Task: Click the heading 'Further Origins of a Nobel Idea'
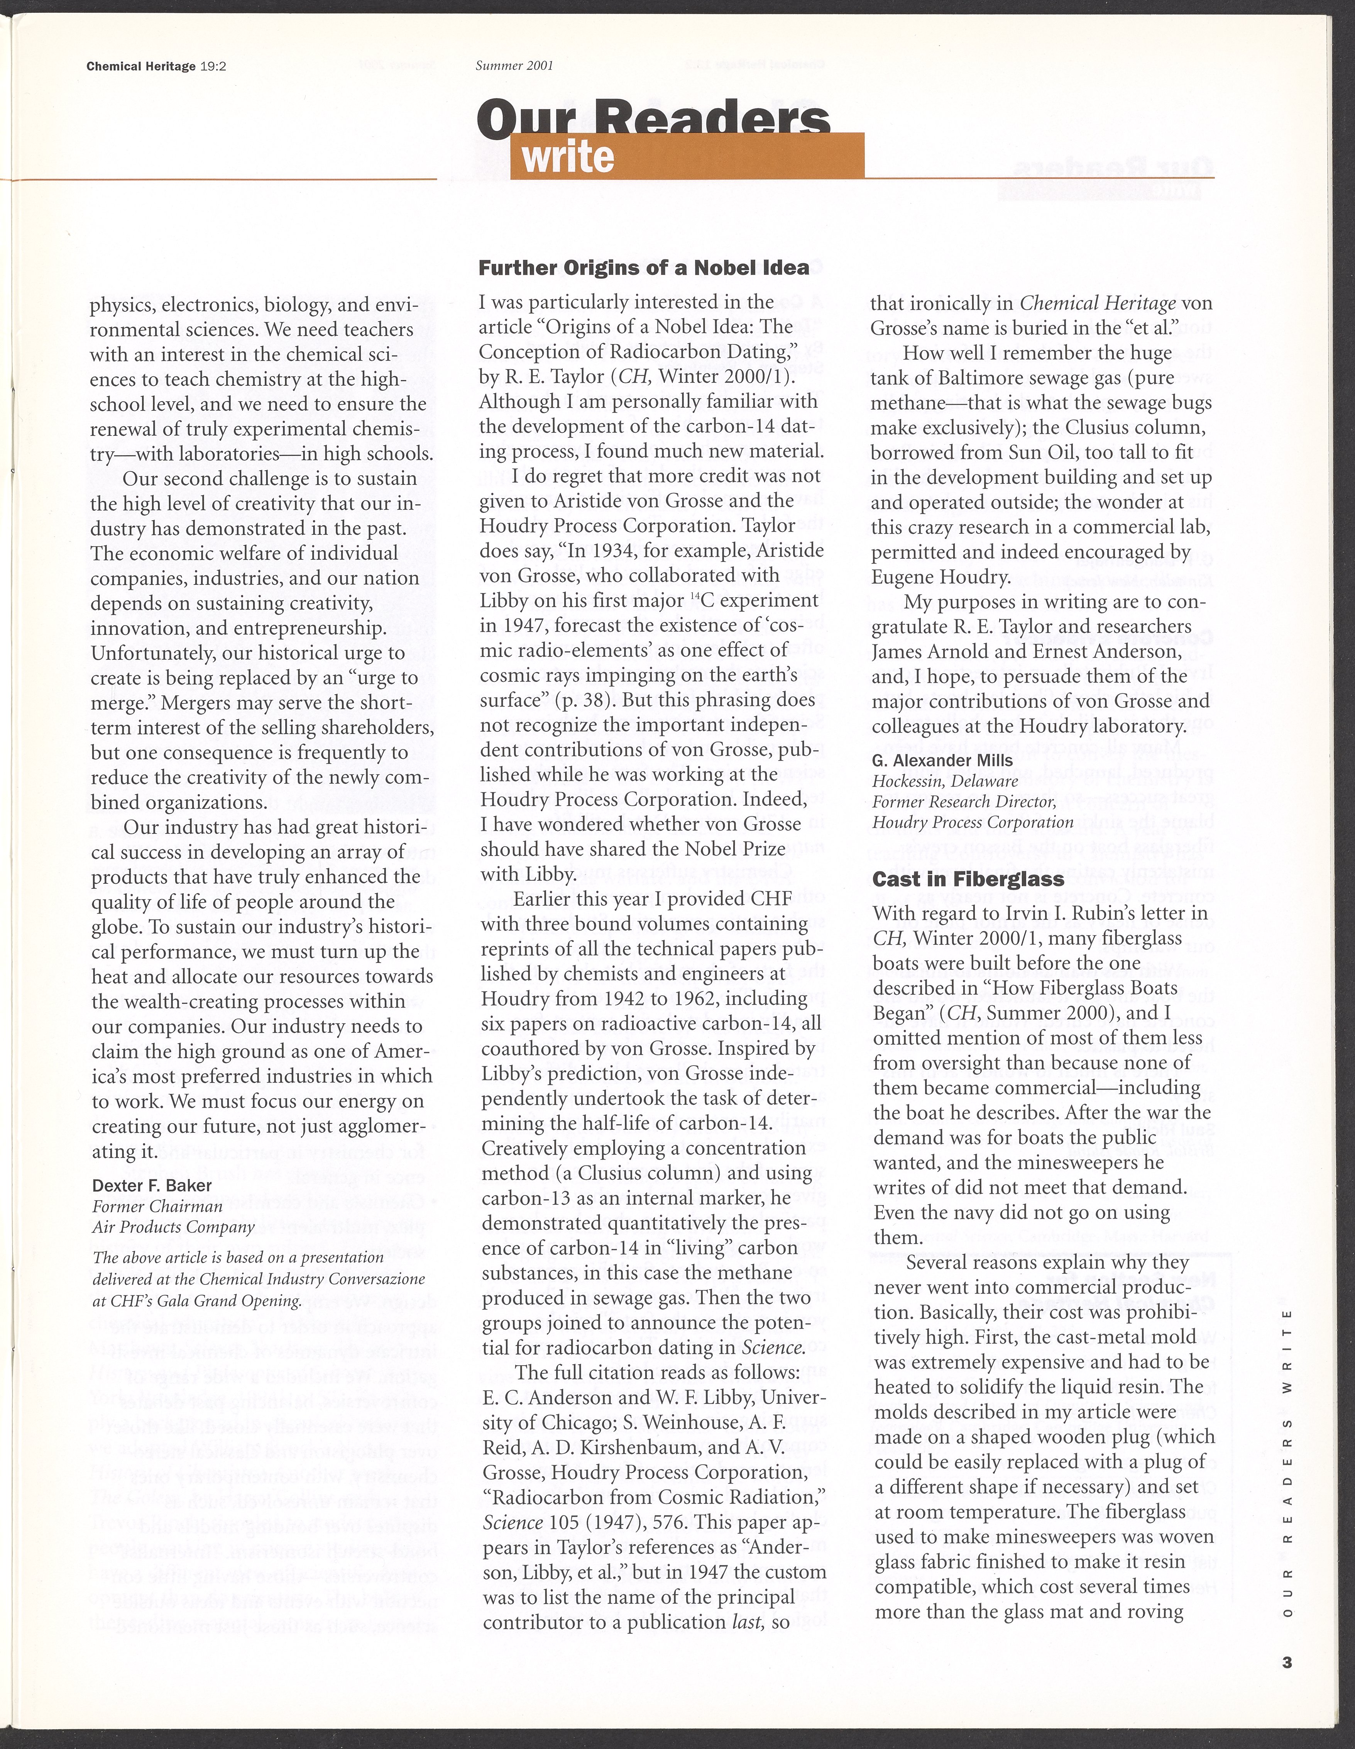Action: (x=643, y=268)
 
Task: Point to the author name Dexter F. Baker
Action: (x=152, y=1185)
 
